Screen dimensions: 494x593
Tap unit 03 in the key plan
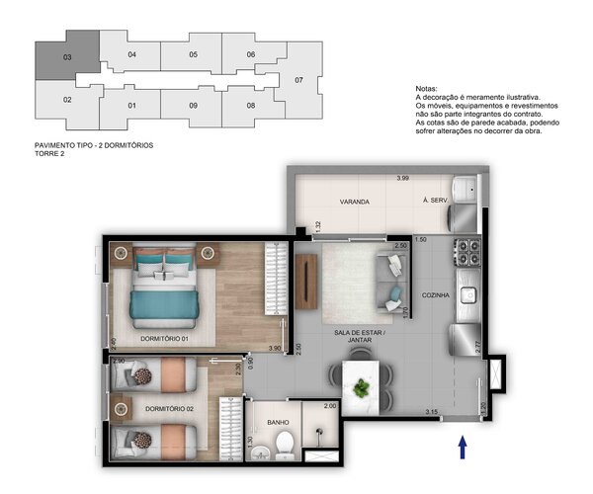67,57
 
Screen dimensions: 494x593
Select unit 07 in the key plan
298,80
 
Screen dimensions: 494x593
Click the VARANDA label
327,202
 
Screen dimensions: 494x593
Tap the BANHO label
264,421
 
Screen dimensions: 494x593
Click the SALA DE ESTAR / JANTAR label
360,335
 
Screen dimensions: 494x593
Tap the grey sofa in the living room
391,278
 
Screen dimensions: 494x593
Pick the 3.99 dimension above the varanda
402,178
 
